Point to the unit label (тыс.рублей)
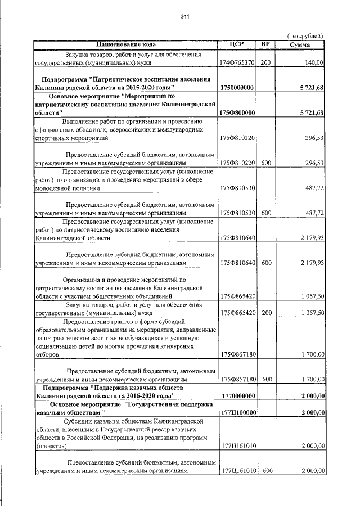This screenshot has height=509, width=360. pos(305,35)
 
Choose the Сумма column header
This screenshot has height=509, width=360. pos(301,44)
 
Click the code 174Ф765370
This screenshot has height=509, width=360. pos(238,64)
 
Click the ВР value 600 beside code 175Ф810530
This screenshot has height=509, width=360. pos(267,213)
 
